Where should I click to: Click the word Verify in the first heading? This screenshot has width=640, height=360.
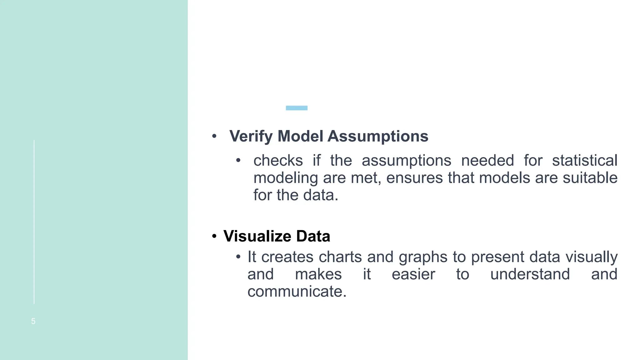click(251, 136)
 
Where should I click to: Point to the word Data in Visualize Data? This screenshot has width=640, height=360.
click(313, 236)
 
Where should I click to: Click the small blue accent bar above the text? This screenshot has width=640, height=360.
click(297, 108)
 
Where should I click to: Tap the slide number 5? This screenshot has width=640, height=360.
click(33, 321)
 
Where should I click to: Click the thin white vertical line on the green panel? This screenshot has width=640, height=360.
click(34, 222)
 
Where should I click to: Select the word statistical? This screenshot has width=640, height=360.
click(584, 160)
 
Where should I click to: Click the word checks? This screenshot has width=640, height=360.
click(278, 160)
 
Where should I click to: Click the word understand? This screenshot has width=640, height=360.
click(530, 274)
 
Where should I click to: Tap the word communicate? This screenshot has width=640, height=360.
click(297, 291)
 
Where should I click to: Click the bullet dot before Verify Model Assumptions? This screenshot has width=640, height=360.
click(214, 136)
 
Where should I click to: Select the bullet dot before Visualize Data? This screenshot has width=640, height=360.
click(214, 236)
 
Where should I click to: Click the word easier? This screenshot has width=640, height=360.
click(413, 274)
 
